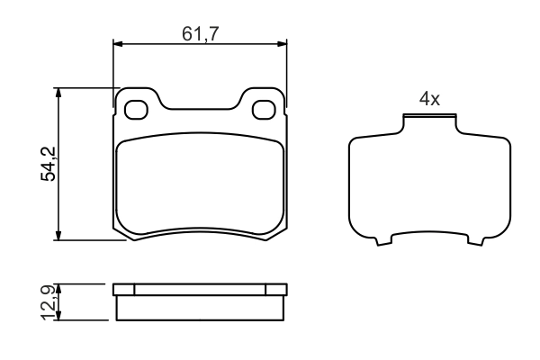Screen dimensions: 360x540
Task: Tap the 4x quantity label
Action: coord(429,100)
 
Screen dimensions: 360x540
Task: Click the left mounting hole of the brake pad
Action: coord(137,110)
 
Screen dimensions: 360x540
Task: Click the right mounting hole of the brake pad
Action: coord(265,110)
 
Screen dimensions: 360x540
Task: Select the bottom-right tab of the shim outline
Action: coord(474,240)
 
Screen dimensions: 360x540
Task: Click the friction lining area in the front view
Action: coord(200,184)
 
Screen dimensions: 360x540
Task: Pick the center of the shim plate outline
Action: coord(429,184)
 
